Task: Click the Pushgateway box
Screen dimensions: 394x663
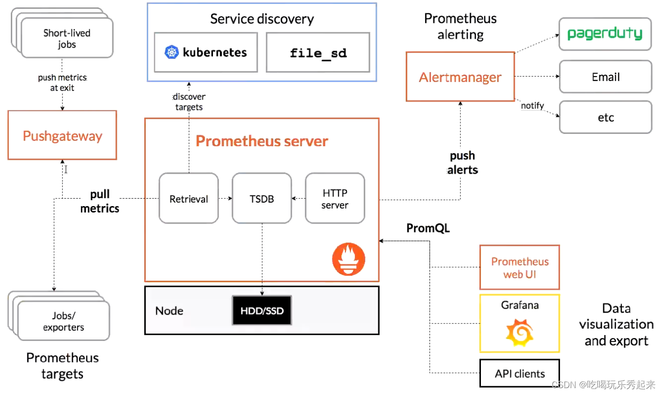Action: pyautogui.click(x=62, y=135)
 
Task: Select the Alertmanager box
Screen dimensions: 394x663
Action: pyautogui.click(x=460, y=77)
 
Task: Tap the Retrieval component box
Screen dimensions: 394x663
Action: pyautogui.click(x=188, y=198)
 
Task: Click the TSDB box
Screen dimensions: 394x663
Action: pyautogui.click(x=262, y=198)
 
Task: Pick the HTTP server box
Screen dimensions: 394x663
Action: pyautogui.click(x=335, y=198)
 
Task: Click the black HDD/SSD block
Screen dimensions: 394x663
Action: pyautogui.click(x=262, y=310)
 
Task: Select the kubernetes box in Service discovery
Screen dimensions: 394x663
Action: pyautogui.click(x=206, y=53)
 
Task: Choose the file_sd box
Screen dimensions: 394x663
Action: pyautogui.click(x=318, y=53)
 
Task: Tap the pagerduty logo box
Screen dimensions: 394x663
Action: pyautogui.click(x=605, y=34)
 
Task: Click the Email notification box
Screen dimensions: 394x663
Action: pyautogui.click(x=605, y=77)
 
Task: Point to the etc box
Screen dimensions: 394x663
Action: pyautogui.click(x=605, y=118)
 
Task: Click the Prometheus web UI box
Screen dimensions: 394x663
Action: pyautogui.click(x=519, y=267)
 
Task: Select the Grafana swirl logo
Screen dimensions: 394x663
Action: pyautogui.click(x=519, y=332)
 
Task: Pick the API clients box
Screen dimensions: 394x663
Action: pyautogui.click(x=519, y=373)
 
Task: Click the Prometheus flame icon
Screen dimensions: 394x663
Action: pyautogui.click(x=348, y=260)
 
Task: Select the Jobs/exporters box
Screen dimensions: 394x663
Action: pyautogui.click(x=64, y=321)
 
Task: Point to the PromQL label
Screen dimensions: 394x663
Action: pyautogui.click(x=428, y=228)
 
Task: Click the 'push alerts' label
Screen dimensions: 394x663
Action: pyautogui.click(x=462, y=163)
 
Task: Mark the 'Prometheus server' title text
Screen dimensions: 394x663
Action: pyautogui.click(x=262, y=141)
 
